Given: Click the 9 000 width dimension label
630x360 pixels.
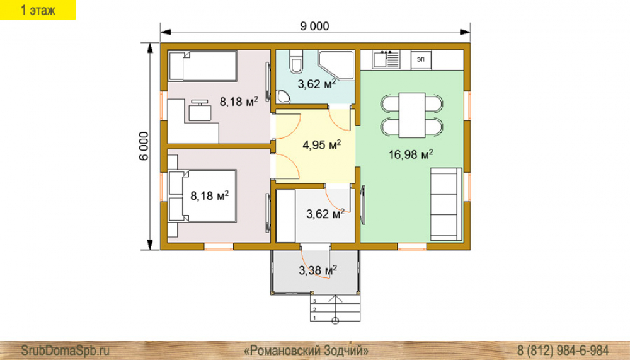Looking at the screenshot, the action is [x=314, y=26].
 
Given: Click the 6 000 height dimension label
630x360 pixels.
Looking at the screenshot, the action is [x=144, y=146].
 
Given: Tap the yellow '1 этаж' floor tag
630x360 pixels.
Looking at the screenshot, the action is [x=38, y=10].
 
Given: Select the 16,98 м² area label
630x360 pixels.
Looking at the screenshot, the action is [x=411, y=154].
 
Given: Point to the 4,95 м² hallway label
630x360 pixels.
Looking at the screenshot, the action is [x=321, y=145].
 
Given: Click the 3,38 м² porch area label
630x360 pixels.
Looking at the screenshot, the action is [x=318, y=270].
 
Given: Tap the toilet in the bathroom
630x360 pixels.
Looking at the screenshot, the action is [x=295, y=62].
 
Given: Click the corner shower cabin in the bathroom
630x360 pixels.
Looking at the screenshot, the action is [x=336, y=65].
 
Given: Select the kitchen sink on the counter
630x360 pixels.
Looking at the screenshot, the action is [x=386, y=59].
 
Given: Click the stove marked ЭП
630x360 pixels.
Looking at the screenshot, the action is [x=421, y=59].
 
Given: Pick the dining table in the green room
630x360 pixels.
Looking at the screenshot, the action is [x=412, y=115].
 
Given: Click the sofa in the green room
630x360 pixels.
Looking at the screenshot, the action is [x=446, y=204].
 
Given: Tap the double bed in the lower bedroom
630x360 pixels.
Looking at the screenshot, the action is [x=202, y=196].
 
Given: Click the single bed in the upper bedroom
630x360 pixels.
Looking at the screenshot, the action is [x=202, y=66].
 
